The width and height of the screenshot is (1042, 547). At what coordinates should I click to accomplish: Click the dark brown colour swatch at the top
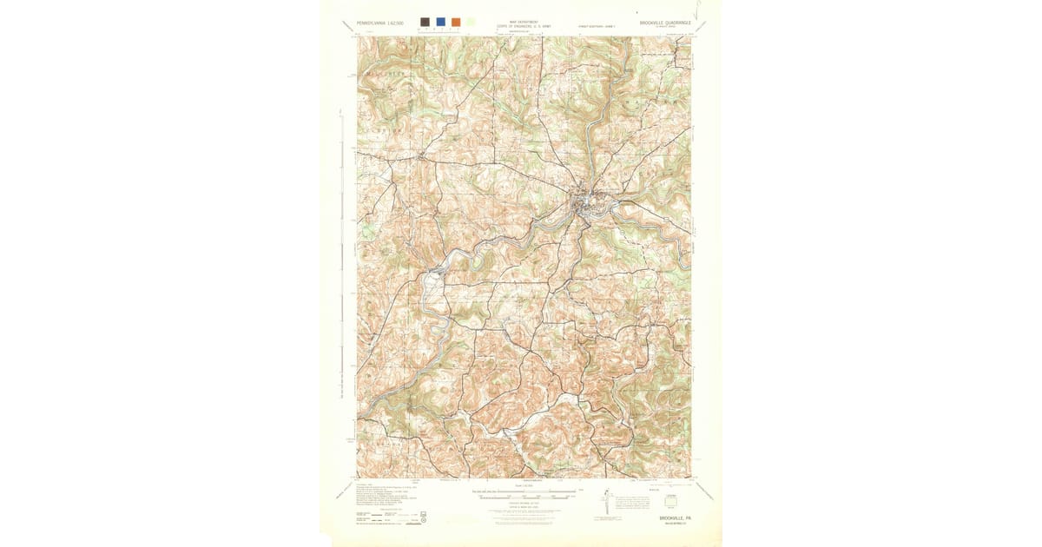(425, 22)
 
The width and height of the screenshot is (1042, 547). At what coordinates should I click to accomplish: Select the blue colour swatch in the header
(440, 22)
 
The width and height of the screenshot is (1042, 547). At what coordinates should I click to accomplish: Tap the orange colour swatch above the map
(456, 22)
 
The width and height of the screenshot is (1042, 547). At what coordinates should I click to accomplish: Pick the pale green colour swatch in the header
(471, 22)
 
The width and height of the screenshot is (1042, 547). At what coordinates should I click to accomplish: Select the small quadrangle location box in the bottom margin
(669, 500)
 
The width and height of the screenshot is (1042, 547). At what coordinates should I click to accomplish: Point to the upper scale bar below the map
(524, 491)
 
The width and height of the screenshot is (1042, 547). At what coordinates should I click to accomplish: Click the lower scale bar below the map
(524, 498)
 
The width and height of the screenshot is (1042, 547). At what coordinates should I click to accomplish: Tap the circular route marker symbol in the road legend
(423, 521)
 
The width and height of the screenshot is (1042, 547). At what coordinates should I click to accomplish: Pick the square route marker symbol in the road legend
(423, 513)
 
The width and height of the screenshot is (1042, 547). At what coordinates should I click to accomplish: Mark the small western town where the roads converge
(421, 157)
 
